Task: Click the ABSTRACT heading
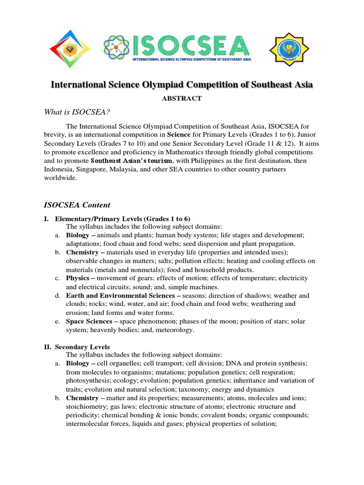(x=182, y=99)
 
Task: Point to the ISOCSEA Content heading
(x=77, y=205)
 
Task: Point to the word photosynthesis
(x=88, y=381)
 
